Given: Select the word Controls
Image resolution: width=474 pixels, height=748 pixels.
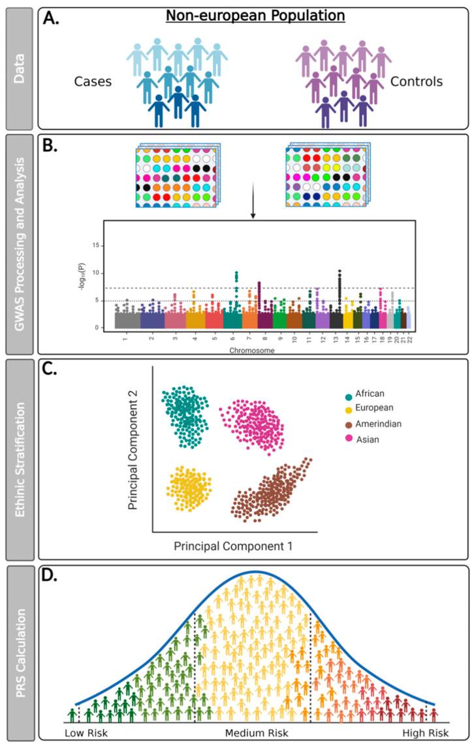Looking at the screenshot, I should [416, 82].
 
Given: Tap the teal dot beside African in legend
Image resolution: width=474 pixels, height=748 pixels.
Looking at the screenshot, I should [347, 396].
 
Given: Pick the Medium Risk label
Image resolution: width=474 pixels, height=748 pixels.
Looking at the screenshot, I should [257, 734].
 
